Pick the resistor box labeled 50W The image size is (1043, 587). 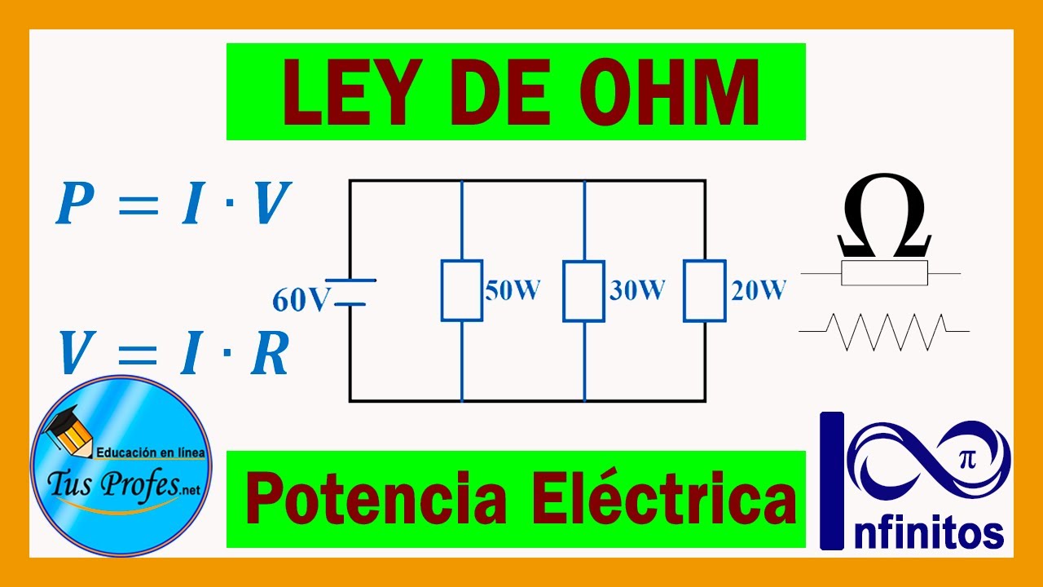[461, 291]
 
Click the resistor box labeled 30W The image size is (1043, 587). [583, 291]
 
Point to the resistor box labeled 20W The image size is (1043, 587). [705, 291]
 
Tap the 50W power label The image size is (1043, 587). [513, 291]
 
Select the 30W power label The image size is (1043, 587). [636, 291]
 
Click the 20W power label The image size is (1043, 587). [759, 291]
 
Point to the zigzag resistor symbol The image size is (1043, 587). [885, 332]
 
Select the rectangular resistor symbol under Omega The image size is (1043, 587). [884, 273]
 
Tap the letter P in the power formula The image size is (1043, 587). [74, 205]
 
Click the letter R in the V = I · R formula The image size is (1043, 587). [270, 356]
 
